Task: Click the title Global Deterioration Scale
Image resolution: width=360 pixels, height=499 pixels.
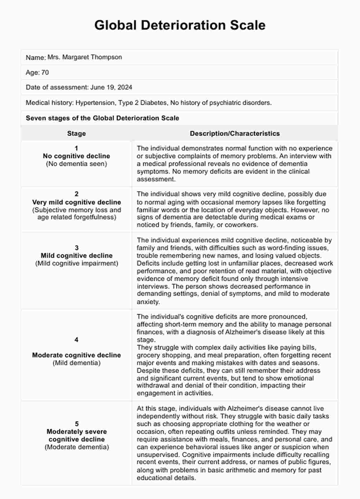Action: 180,25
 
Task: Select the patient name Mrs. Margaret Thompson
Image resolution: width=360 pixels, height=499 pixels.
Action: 85,57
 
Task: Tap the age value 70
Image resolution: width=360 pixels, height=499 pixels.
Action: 45,73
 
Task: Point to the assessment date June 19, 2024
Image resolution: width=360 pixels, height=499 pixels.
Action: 111,87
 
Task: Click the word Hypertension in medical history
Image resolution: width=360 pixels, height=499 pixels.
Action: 95,103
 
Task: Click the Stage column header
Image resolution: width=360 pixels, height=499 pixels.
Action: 77,133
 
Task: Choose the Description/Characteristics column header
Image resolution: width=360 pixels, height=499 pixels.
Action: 235,133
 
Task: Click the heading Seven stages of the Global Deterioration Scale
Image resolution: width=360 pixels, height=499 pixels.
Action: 102,118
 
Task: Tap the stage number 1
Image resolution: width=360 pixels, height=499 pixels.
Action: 77,148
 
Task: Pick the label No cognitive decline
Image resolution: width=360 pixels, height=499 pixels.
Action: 77,156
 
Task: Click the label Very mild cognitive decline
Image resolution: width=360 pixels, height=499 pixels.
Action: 77,202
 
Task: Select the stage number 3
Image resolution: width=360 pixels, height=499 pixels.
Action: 77,248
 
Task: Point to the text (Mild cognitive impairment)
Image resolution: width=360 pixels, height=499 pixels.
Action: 77,263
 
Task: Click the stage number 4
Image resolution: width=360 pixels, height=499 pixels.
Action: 77,340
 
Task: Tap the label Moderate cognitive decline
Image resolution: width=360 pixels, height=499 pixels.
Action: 77,355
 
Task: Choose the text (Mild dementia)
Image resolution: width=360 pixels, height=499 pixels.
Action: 77,363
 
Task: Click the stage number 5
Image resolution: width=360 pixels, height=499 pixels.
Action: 77,424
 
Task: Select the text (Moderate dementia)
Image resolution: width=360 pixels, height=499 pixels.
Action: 77,447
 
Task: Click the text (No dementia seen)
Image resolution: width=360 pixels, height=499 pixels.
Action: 77,164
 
